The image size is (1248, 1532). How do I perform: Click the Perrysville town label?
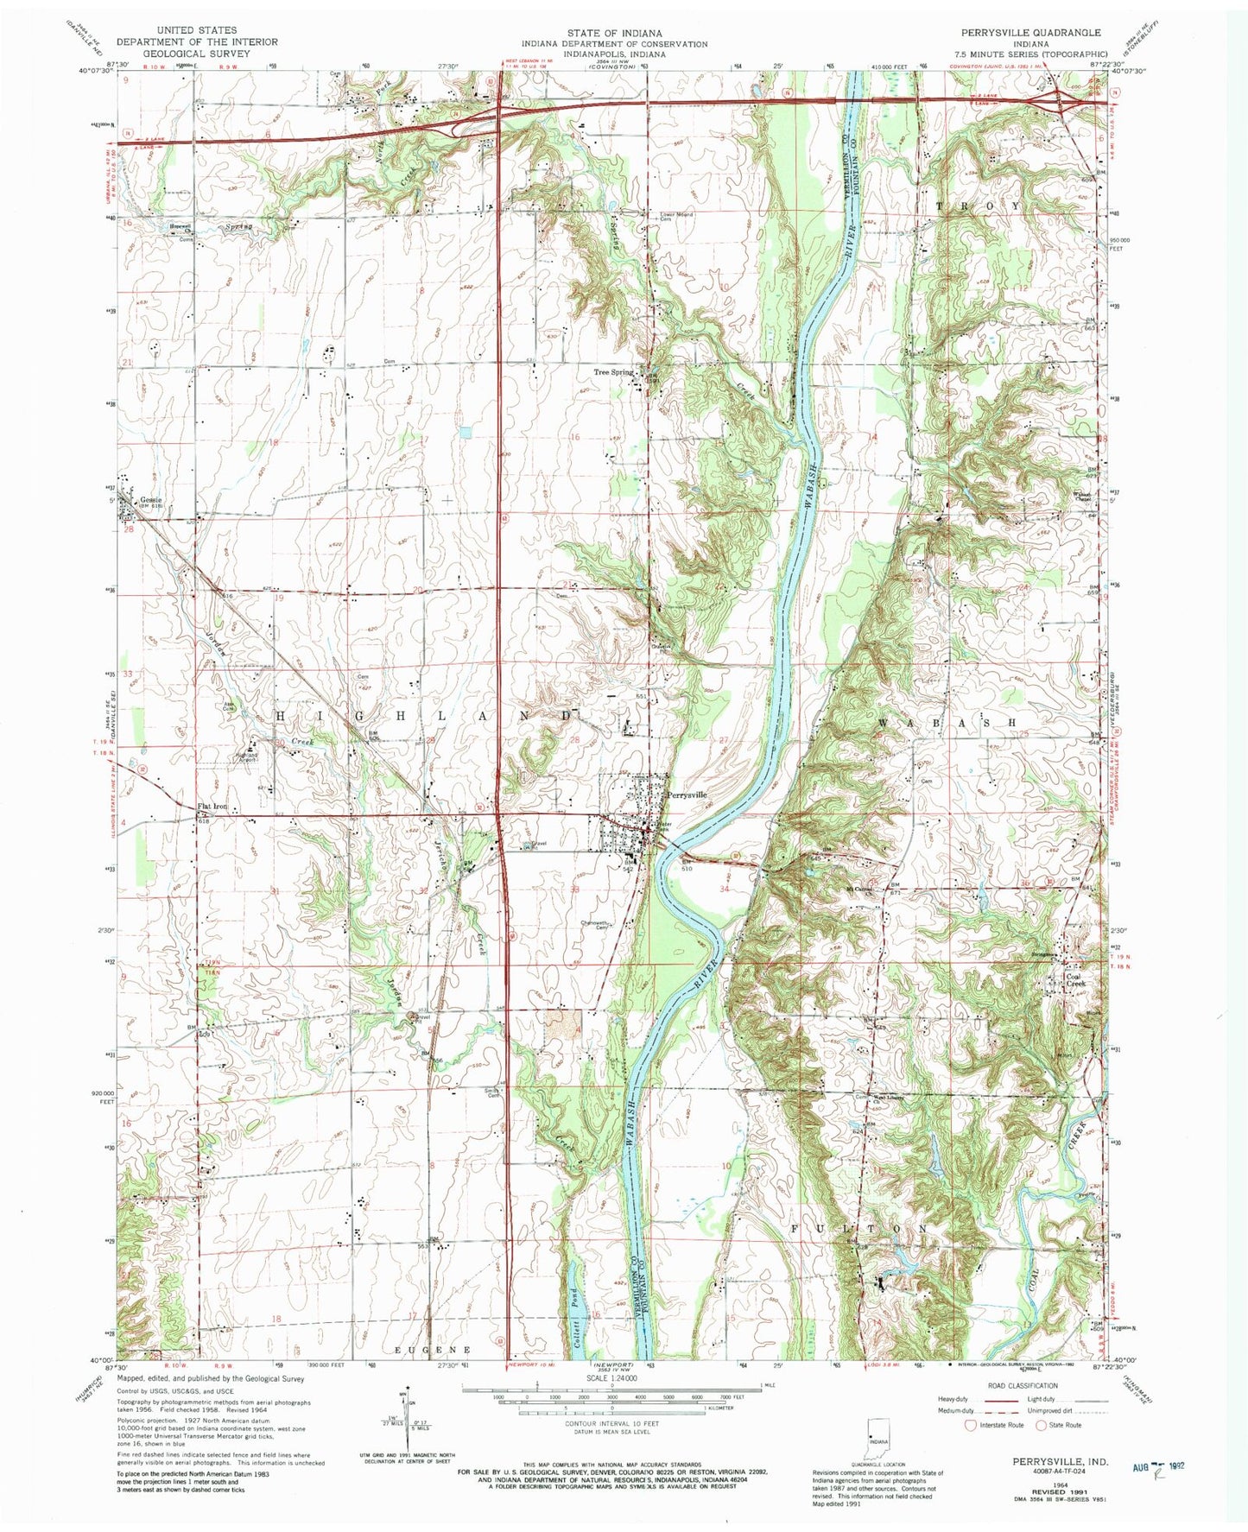[687, 794]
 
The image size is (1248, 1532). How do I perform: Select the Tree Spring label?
[613, 372]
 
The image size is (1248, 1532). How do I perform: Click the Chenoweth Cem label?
[601, 925]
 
